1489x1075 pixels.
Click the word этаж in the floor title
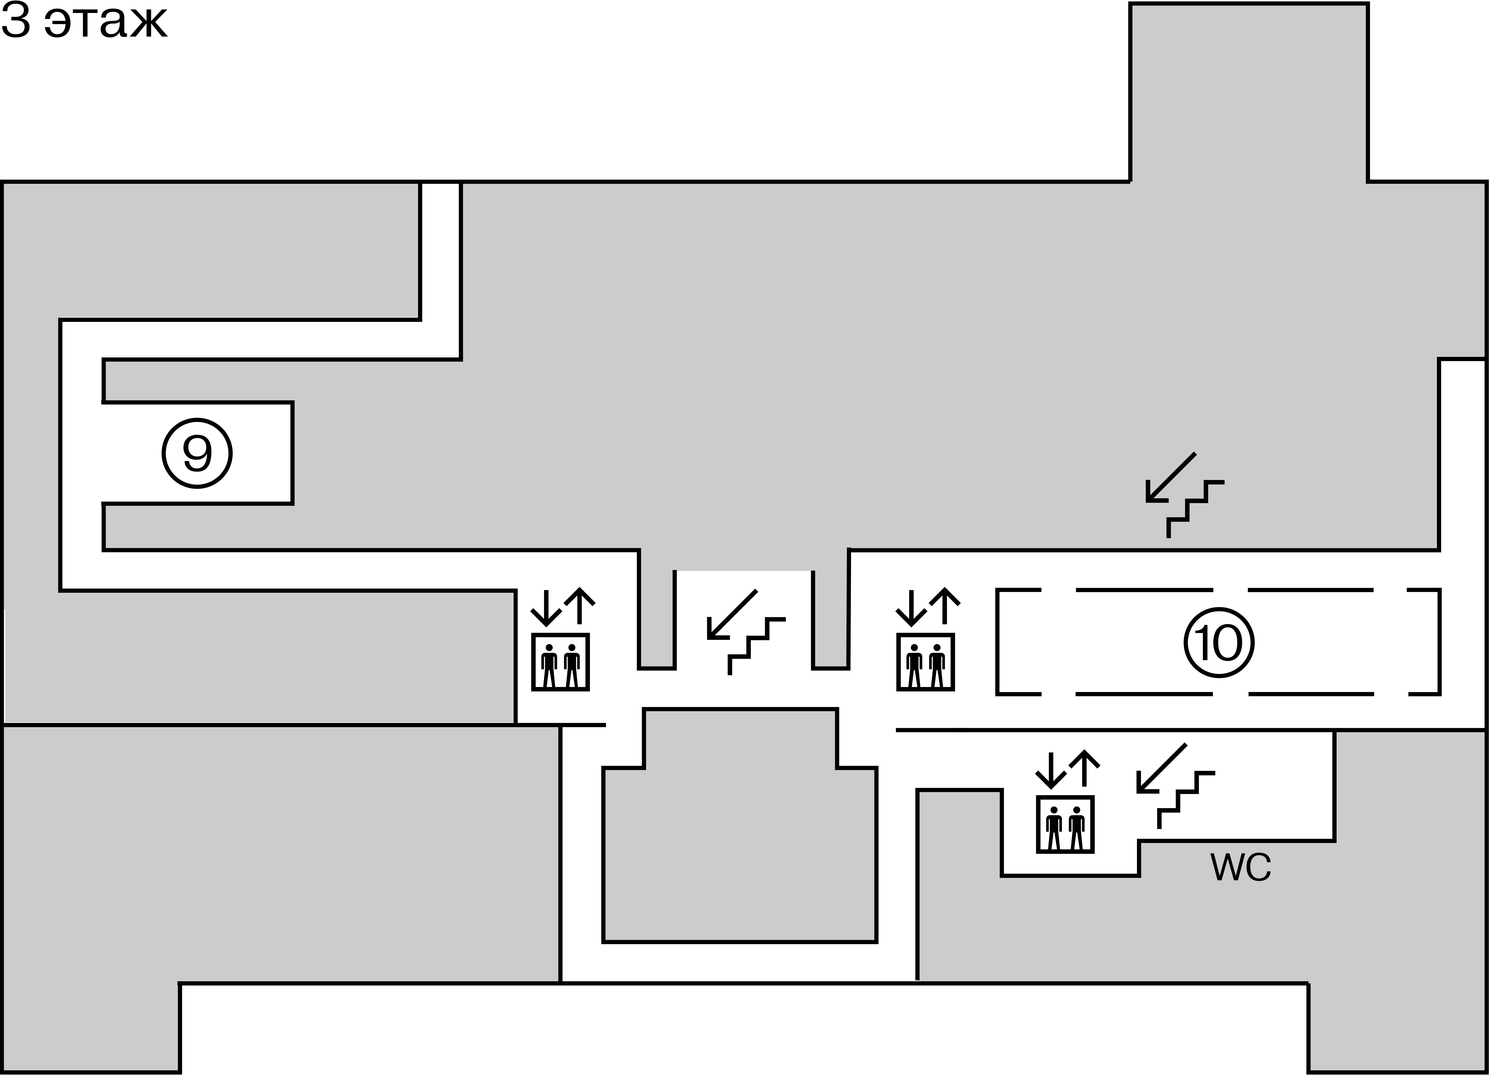[x=106, y=24]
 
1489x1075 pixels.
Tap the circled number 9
[x=197, y=453]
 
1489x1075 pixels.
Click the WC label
[x=1241, y=868]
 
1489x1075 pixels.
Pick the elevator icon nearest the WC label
[x=1065, y=824]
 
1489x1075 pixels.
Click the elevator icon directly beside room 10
[x=926, y=662]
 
